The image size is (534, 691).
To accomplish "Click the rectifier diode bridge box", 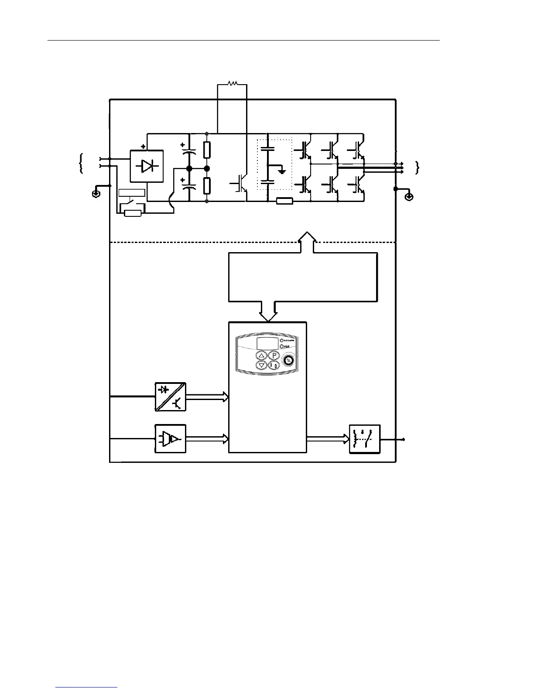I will [x=147, y=166].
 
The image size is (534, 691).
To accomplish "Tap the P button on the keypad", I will [x=273, y=355].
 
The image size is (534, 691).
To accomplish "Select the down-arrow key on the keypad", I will [x=261, y=365].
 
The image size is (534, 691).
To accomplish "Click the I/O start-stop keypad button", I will [x=273, y=365].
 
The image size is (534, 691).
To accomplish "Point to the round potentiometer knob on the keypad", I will [x=288, y=360].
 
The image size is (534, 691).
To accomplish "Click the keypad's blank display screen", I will [x=267, y=342].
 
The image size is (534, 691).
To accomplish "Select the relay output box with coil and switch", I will [x=365, y=439].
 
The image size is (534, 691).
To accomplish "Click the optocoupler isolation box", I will [x=170, y=397].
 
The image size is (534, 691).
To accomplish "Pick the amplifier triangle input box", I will [x=170, y=438].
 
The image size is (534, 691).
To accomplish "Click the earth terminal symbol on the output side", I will [x=409, y=197].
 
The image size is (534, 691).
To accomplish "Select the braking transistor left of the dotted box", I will [x=239, y=183].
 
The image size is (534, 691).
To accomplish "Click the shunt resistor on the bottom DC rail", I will [x=284, y=201].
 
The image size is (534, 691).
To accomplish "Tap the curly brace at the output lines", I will [x=418, y=167].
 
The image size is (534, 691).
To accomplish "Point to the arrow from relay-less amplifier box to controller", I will [x=207, y=439].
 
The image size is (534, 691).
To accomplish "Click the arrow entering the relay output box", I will [x=328, y=439].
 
